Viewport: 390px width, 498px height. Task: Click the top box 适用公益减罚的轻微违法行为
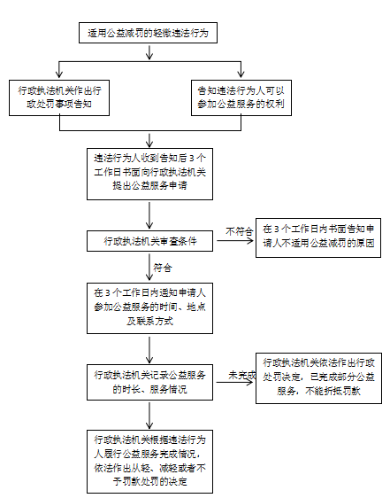[x=148, y=33]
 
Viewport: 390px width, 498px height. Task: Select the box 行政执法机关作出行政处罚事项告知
[x=59, y=97]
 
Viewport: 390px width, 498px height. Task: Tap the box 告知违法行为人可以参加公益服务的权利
[x=241, y=97]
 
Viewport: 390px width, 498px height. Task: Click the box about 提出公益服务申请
[x=149, y=174]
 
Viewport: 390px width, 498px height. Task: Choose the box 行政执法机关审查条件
[x=149, y=241]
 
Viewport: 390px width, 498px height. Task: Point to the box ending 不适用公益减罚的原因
[x=318, y=237]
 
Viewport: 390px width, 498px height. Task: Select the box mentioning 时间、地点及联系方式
[x=149, y=308]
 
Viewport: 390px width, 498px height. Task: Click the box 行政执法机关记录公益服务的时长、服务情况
[x=149, y=382]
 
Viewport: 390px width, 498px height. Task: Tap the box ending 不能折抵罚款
[x=318, y=378]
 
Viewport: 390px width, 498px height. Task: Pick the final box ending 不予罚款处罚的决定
[x=149, y=462]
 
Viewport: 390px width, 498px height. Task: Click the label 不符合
[x=240, y=231]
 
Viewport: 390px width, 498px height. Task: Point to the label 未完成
[x=241, y=375]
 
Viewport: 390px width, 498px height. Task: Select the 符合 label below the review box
[x=163, y=268]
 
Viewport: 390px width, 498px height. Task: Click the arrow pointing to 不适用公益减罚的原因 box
[x=235, y=241]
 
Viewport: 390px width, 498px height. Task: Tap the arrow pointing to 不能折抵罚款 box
[x=235, y=382]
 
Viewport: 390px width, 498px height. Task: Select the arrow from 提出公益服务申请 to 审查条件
[x=149, y=215]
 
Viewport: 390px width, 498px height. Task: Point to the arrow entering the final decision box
[x=149, y=416]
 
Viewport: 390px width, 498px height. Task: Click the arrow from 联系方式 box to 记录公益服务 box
[x=149, y=350]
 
